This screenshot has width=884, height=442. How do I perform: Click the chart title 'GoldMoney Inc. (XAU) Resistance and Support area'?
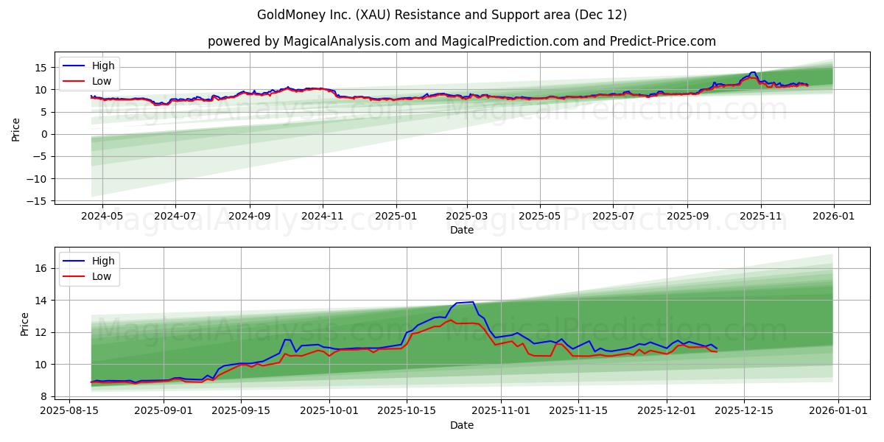(442, 15)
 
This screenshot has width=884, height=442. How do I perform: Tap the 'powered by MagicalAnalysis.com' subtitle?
(461, 41)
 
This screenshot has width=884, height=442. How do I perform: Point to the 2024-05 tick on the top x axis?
(102, 216)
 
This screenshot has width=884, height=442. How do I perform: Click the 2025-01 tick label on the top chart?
(396, 216)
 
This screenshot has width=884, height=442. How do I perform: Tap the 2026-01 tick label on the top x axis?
(833, 216)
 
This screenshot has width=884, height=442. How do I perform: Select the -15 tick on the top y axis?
(40, 201)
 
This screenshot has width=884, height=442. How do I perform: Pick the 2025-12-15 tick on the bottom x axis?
(746, 411)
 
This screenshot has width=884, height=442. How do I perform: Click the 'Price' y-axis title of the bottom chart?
(25, 324)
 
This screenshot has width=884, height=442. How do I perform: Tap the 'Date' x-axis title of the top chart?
(462, 230)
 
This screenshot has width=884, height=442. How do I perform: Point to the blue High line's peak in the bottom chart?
(472, 302)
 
